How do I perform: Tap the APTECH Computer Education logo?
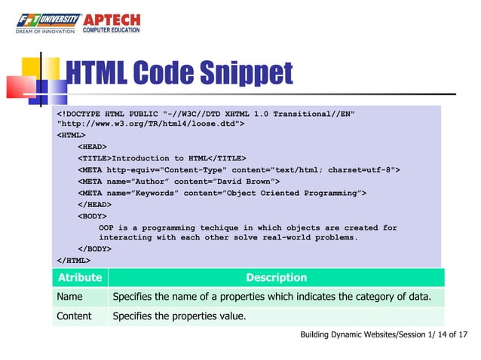(114, 22)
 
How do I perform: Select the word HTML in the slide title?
(97, 73)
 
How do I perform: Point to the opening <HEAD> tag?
(91, 147)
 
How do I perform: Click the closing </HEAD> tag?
(93, 204)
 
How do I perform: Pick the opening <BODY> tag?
(91, 215)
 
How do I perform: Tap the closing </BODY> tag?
(93, 248)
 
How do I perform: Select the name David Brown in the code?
(250, 182)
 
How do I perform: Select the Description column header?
(276, 277)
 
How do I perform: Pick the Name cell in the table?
(69, 297)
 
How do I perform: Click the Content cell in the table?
(74, 316)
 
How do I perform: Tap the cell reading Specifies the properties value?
(179, 316)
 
